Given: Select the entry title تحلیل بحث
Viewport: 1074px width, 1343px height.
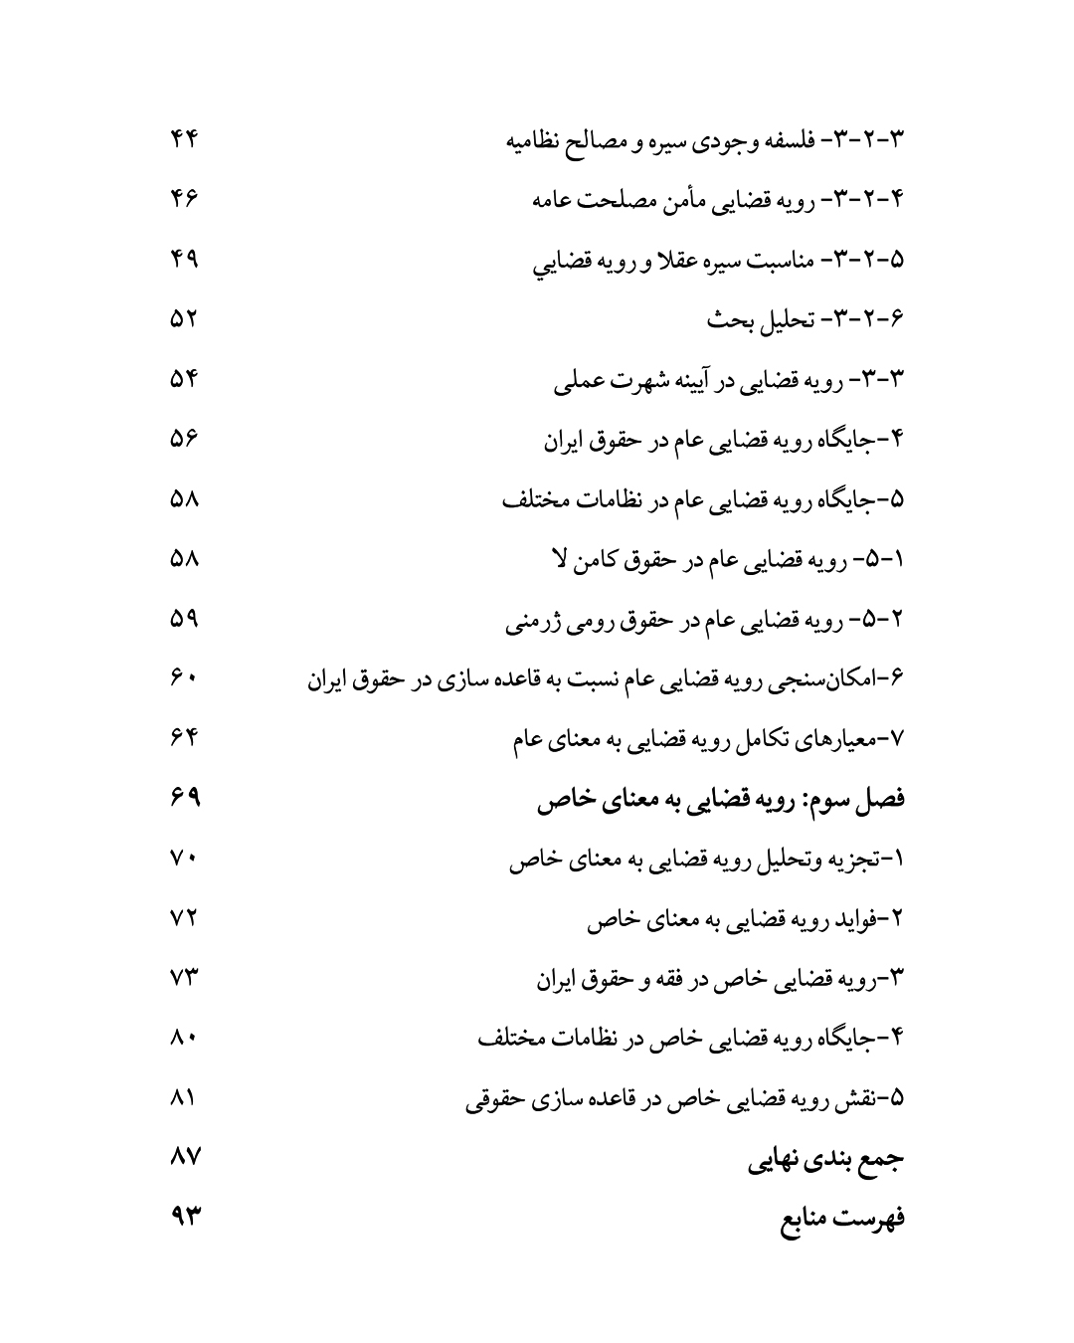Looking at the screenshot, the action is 761,319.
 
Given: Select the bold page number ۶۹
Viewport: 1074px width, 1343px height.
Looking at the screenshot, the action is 185,797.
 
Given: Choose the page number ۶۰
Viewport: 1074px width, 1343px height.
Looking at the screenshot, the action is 185,677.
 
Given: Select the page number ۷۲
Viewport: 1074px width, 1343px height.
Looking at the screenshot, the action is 185,916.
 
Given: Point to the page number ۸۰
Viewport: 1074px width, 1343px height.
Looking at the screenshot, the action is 185,1037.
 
